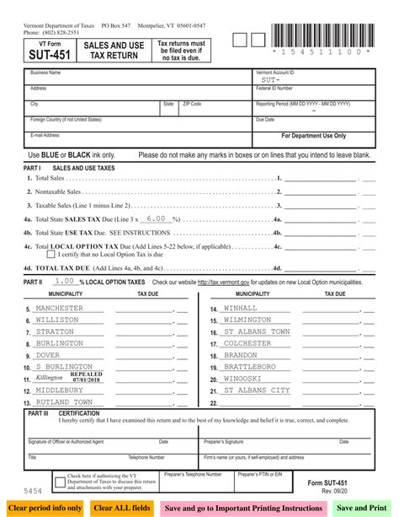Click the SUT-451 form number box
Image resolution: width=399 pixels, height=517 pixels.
tap(45, 51)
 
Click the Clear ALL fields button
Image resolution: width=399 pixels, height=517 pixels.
tap(122, 508)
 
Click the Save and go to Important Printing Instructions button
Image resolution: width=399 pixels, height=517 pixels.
tap(243, 508)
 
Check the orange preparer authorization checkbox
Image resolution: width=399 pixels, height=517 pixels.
tap(60, 483)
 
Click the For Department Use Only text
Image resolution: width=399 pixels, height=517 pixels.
tap(313, 135)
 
